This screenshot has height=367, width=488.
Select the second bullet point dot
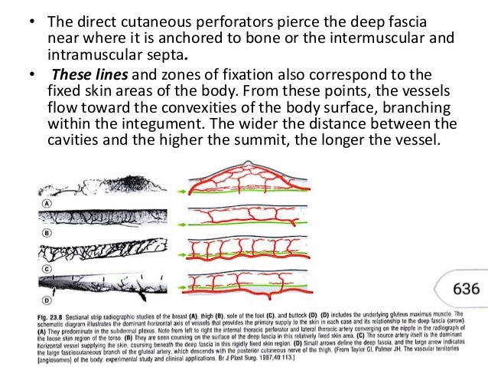click(31, 76)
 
